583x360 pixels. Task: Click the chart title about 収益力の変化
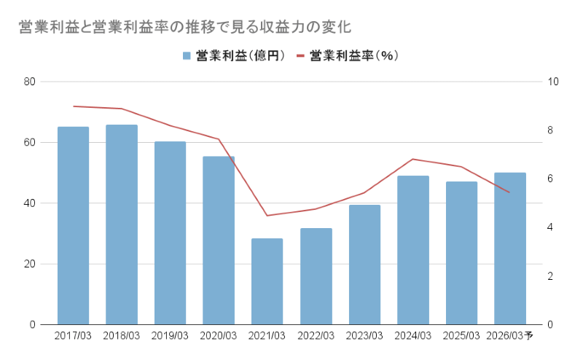pyautogui.click(x=185, y=28)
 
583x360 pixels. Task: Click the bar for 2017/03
pyautogui.click(x=73, y=226)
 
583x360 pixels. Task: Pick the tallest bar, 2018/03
pyautogui.click(x=122, y=224)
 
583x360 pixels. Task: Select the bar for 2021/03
pyautogui.click(x=267, y=281)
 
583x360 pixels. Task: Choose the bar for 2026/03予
pyautogui.click(x=509, y=249)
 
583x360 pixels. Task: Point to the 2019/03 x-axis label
pyautogui.click(x=170, y=336)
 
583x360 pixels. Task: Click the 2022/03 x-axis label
pyautogui.click(x=316, y=336)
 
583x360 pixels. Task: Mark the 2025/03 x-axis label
pyautogui.click(x=461, y=336)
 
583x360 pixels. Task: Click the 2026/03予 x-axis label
pyautogui.click(x=509, y=336)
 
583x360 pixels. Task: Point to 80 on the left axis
pyautogui.click(x=30, y=82)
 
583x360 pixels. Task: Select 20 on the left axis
pyautogui.click(x=30, y=264)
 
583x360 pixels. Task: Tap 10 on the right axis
pyautogui.click(x=552, y=82)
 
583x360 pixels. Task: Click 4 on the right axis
pyautogui.click(x=550, y=227)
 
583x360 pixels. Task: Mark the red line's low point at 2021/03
pyautogui.click(x=267, y=215)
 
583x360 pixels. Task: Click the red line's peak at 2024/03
pyautogui.click(x=412, y=159)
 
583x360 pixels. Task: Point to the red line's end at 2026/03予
pyautogui.click(x=509, y=192)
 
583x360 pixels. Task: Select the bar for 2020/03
pyautogui.click(x=219, y=240)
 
